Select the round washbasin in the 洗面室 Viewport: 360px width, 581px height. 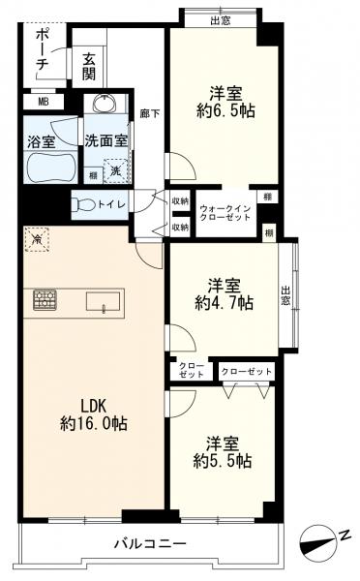coord(105,103)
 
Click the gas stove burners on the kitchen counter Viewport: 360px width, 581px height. coord(45,300)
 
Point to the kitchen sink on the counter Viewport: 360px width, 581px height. coord(104,301)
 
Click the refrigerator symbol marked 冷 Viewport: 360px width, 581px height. coord(37,240)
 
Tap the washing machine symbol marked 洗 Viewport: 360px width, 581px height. coord(116,170)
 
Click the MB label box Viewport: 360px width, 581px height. coord(44,102)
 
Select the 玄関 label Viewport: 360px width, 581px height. coord(89,67)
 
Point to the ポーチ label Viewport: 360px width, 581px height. coord(43,50)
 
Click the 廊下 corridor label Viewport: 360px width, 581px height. coord(150,113)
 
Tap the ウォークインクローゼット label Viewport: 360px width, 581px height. coord(225,213)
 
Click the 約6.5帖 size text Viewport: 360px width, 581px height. coord(225,110)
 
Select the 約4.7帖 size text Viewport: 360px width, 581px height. coord(225,303)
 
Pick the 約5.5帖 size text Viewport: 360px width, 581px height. coord(223,461)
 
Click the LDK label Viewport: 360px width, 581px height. coord(94,407)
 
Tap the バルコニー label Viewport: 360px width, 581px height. coord(150,544)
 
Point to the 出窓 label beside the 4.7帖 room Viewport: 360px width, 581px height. coord(285,295)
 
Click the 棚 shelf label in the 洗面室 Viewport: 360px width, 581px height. coord(93,176)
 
